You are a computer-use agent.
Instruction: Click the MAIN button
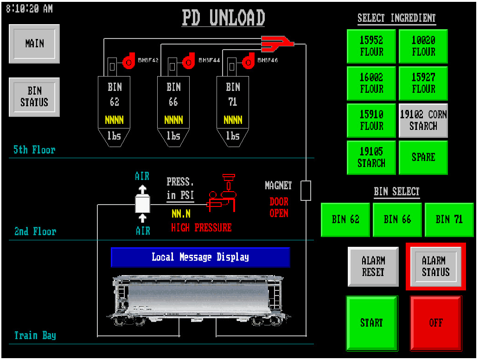pyautogui.click(x=34, y=44)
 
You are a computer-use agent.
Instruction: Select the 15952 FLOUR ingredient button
pyautogui.click(x=371, y=46)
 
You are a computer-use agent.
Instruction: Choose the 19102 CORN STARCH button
pyautogui.click(x=423, y=120)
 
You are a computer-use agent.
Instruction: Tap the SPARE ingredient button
pyautogui.click(x=423, y=157)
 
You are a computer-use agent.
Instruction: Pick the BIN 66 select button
pyautogui.click(x=397, y=219)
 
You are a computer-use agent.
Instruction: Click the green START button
pyautogui.click(x=371, y=323)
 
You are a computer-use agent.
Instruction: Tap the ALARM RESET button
pyautogui.click(x=373, y=267)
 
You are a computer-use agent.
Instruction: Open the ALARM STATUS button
pyautogui.click(x=435, y=267)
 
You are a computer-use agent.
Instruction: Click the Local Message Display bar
pyautogui.click(x=200, y=257)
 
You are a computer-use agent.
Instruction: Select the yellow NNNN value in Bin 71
pyautogui.click(x=233, y=120)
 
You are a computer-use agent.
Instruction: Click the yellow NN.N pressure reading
pyautogui.click(x=180, y=214)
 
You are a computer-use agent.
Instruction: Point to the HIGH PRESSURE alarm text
pyautogui.click(x=201, y=228)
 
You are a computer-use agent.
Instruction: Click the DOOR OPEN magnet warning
pyautogui.click(x=279, y=207)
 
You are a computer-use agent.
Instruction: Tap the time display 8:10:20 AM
pyautogui.click(x=29, y=9)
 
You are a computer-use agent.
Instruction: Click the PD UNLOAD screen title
pyautogui.click(x=223, y=18)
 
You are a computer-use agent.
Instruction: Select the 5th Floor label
pyautogui.click(x=34, y=150)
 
